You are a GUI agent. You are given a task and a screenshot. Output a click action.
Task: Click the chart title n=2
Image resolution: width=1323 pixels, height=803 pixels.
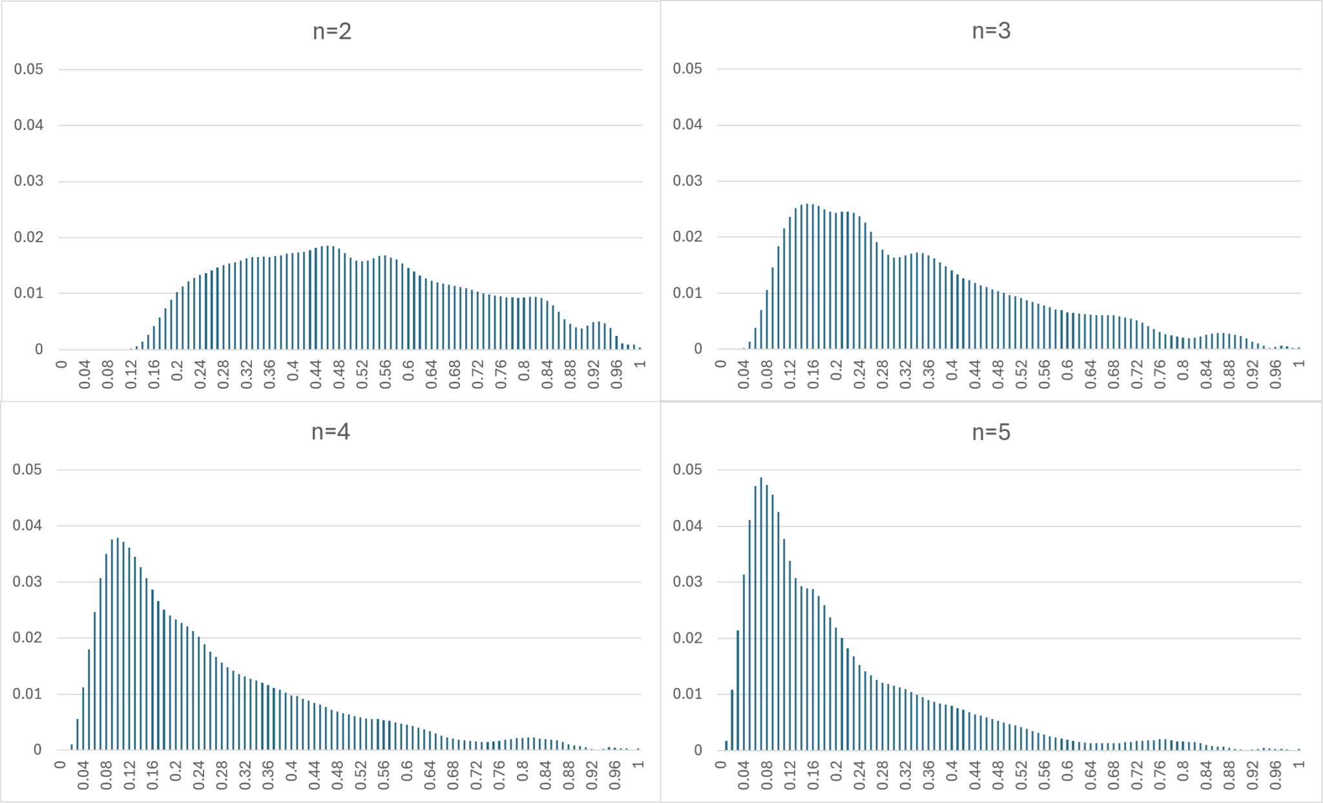pos(332,31)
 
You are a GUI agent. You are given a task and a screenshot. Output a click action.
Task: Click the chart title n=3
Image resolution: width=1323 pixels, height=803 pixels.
pos(991,30)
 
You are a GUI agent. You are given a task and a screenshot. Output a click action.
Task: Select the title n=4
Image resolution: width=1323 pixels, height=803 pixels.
pos(331,432)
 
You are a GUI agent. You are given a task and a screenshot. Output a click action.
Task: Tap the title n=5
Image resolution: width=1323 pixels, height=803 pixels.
pos(991,432)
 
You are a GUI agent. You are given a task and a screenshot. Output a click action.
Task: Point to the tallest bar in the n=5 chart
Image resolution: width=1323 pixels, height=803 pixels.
pos(761,614)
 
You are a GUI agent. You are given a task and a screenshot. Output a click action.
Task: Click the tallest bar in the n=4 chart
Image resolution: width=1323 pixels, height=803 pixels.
pos(118,643)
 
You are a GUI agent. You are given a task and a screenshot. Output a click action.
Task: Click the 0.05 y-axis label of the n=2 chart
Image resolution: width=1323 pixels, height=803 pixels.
pos(28,69)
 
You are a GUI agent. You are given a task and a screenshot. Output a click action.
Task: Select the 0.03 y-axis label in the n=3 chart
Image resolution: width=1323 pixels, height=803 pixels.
pos(687,181)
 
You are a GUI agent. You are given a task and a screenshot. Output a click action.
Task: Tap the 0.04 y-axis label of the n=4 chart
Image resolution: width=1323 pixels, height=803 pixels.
pos(27,525)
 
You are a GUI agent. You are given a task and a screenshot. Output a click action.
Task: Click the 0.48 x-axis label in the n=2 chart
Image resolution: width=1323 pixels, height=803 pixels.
pos(339,375)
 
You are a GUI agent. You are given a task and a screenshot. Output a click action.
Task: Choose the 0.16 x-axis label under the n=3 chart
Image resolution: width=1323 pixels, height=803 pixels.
pos(813,375)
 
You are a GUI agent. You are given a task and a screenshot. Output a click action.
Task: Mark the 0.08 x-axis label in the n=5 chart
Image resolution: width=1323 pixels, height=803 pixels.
pos(767,775)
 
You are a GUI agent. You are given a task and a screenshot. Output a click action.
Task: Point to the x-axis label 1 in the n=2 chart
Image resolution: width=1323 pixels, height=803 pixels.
pos(640,365)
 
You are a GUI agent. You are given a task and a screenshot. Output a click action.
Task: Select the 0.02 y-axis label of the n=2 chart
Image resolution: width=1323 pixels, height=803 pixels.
pos(28,237)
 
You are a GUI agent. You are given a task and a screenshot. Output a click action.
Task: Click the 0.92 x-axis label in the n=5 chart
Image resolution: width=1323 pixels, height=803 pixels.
pos(1253,775)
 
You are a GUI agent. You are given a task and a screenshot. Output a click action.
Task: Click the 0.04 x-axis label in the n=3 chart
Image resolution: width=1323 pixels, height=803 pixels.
pos(744,375)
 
